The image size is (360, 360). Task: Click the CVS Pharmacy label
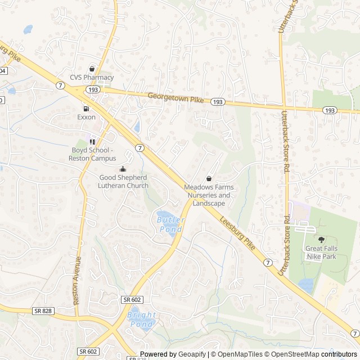click(x=92, y=78)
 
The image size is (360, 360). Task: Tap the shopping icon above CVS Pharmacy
click(x=92, y=69)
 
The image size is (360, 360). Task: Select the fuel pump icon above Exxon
click(x=86, y=109)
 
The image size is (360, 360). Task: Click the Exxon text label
click(x=86, y=117)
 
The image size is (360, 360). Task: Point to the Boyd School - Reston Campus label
click(x=93, y=154)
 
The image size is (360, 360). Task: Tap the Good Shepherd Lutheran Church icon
click(x=123, y=169)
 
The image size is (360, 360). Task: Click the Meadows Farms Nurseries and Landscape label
click(x=209, y=195)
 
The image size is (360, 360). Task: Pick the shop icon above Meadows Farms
click(x=209, y=178)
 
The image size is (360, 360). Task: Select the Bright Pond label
click(x=142, y=319)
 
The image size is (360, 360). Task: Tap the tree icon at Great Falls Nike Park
click(x=321, y=240)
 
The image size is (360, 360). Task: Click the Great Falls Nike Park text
click(x=321, y=252)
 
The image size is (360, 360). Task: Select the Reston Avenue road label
click(x=78, y=281)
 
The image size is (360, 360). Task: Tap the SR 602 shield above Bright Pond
click(x=130, y=301)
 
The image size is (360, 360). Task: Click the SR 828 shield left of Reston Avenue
click(x=42, y=310)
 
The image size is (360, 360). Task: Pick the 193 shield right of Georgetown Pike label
click(x=218, y=102)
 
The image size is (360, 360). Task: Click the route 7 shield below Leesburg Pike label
click(x=268, y=263)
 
